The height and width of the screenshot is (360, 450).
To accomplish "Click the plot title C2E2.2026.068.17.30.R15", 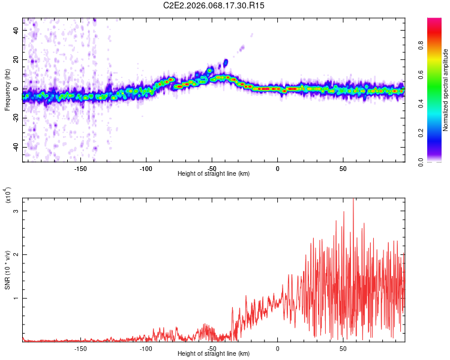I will [214, 5].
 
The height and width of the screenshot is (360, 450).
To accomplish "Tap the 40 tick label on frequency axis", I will [16, 30].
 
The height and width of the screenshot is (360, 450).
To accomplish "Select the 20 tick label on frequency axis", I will [16, 59].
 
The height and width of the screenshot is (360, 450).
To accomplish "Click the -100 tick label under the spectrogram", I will [146, 168].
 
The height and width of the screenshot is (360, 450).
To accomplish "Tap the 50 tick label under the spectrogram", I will [343, 168].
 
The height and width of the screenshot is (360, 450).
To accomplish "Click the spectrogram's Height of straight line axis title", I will [214, 173].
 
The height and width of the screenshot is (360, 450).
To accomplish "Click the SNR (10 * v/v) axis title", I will [8, 268].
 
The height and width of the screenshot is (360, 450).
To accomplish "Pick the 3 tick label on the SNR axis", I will [17, 211].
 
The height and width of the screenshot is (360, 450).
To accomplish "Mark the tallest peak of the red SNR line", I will [353, 199].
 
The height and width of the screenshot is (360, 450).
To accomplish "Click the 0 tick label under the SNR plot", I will [277, 348].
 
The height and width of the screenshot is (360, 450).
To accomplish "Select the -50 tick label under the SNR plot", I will [211, 348].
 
